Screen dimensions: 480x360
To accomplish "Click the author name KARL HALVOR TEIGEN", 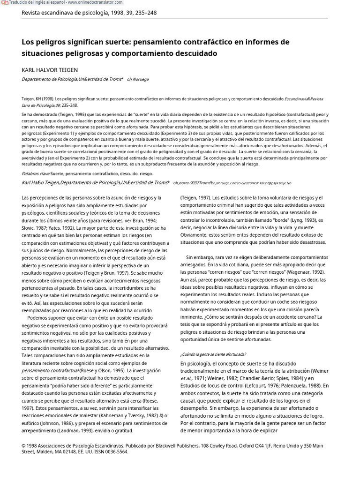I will click(x=50, y=70).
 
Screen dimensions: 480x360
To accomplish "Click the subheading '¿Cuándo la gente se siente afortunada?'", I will click(x=213, y=354).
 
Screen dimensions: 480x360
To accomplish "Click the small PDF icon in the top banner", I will click(x=4, y=3).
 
